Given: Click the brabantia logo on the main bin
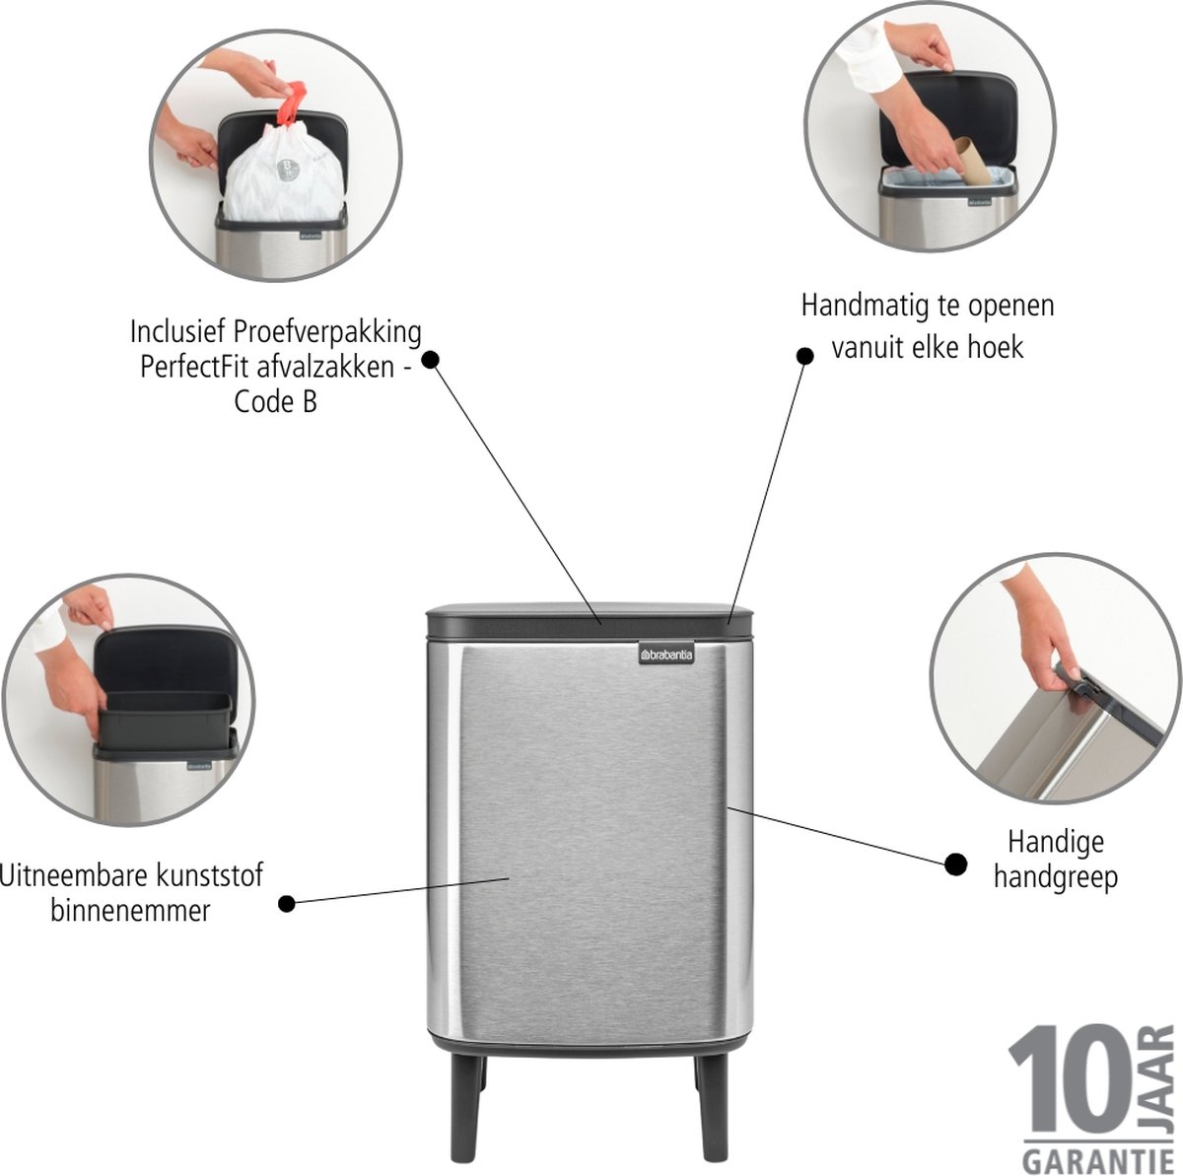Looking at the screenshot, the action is pos(666,655).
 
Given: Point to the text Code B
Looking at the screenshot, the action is pos(276,403).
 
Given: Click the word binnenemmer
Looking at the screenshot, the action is pos(130,911).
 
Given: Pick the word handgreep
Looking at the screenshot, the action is pos(1056,876).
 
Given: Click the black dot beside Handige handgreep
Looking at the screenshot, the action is pos(955,865).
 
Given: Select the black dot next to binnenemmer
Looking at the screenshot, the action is pos(287,903).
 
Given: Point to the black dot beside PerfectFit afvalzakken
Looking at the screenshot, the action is pos(431,360).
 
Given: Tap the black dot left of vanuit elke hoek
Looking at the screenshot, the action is pos(804,356).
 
